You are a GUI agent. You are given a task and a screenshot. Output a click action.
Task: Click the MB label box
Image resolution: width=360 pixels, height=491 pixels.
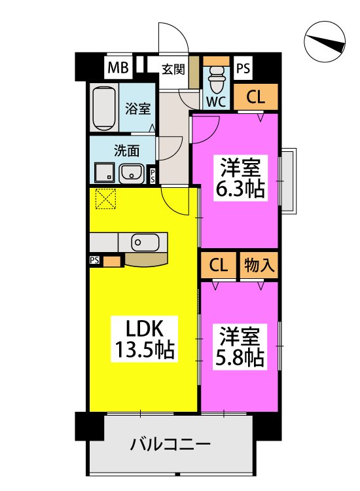tap(118, 67)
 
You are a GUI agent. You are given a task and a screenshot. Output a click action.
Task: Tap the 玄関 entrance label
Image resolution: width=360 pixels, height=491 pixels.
tap(173, 69)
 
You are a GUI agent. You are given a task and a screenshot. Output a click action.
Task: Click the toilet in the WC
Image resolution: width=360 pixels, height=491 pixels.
tap(216, 79)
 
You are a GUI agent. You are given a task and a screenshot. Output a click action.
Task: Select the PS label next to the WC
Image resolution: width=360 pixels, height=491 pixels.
tap(243, 68)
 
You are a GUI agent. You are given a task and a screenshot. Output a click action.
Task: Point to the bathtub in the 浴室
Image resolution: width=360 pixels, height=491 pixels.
tap(103, 108)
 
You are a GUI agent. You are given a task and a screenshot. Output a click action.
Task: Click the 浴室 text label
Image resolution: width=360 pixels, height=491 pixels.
tap(137, 108)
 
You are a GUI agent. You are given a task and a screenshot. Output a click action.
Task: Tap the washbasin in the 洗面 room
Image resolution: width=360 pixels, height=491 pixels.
tap(132, 173)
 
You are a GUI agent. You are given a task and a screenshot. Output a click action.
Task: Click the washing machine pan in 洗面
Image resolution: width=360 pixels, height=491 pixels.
tap(105, 172)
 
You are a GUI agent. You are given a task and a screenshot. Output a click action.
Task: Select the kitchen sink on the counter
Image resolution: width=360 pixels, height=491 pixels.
tap(145, 242)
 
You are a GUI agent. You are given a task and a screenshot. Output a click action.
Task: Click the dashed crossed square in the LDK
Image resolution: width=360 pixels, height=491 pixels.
tap(105, 198)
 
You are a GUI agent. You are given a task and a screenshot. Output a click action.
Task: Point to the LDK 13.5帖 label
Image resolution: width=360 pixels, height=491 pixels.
tap(144, 339)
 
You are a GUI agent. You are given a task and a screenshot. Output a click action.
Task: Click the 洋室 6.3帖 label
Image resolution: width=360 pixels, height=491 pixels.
tap(240, 178)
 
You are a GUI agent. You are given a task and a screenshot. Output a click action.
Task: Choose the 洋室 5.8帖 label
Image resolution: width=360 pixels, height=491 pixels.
tap(240, 347)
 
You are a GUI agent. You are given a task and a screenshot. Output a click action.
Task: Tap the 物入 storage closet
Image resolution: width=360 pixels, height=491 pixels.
tap(259, 265)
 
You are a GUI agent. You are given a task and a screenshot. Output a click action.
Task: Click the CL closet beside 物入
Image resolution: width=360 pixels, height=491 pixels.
tap(218, 265)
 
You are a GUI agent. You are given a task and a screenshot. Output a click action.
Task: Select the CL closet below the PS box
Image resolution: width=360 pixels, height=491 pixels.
tap(256, 97)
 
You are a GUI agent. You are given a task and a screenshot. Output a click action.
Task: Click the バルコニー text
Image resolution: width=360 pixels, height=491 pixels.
tap(170, 445)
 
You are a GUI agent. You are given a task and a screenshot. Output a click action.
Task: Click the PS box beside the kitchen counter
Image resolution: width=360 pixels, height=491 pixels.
tap(94, 260)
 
